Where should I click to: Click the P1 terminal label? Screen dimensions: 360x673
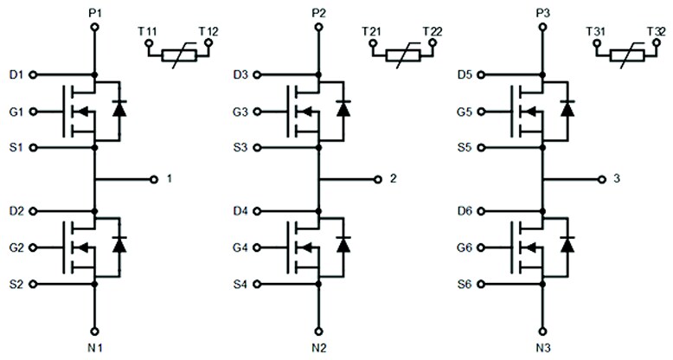click(x=95, y=12)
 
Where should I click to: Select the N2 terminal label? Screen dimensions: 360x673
click(x=320, y=349)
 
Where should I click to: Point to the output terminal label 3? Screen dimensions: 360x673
click(x=617, y=179)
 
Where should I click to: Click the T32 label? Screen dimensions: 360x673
click(x=655, y=32)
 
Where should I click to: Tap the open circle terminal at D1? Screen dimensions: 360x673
click(x=35, y=75)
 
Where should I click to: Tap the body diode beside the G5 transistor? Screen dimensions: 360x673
click(x=566, y=109)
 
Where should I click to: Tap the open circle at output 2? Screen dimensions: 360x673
click(x=378, y=179)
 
